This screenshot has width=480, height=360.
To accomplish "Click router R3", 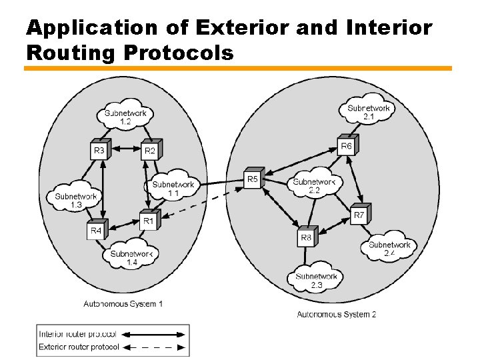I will tap(99, 150).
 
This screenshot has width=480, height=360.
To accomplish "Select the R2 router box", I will tap(150, 150).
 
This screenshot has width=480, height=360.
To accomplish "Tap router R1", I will tap(148, 219).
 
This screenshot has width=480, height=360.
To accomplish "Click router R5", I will tap(253, 178).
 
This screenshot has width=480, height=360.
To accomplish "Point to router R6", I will tap(347, 145).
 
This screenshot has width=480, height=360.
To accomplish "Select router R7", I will tap(359, 214).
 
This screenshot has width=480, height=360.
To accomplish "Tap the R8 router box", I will tap(306, 236).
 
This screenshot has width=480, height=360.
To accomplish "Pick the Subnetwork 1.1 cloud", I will tap(173, 187).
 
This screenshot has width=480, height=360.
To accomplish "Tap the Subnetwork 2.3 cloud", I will tap(317, 279).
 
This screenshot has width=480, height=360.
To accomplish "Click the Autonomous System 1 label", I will tap(123, 304).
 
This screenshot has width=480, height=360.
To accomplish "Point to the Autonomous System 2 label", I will tap(337, 314).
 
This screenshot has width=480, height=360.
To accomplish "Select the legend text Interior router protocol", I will tap(78, 333).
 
